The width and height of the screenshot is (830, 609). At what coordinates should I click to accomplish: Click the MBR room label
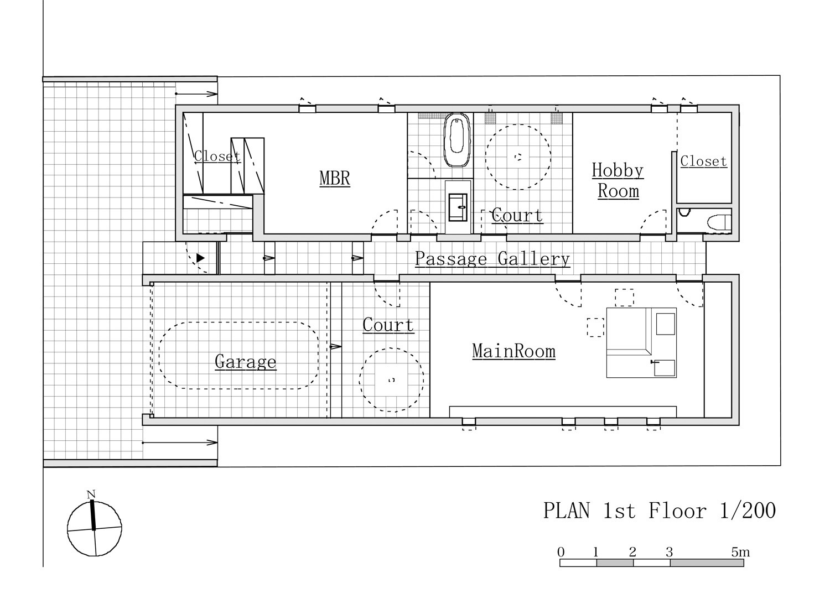click(335, 178)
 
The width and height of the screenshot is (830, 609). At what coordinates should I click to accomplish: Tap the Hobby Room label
click(618, 180)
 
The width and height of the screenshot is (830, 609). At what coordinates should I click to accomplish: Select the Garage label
click(245, 362)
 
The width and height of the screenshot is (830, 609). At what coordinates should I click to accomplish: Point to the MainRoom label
click(513, 351)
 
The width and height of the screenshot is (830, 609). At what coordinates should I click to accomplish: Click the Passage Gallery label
click(492, 258)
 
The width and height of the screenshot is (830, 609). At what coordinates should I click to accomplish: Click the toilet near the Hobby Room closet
click(719, 222)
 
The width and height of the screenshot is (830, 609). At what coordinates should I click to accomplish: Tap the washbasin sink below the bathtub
click(458, 207)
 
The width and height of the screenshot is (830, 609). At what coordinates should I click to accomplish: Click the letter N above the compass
click(91, 494)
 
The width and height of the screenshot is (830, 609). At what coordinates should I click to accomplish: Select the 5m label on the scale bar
click(740, 553)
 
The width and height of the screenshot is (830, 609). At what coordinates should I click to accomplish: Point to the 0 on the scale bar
click(561, 553)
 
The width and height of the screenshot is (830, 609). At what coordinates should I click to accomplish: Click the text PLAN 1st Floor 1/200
click(659, 511)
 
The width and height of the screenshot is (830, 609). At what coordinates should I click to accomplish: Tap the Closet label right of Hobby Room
click(703, 161)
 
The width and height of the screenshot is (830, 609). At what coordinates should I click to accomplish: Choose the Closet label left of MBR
click(217, 156)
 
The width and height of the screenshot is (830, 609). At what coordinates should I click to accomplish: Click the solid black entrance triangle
click(200, 258)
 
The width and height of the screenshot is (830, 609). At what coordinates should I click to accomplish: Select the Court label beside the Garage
click(388, 325)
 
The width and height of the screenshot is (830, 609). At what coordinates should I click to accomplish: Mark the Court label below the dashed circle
click(517, 215)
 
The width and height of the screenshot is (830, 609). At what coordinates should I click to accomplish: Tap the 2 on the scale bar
click(632, 553)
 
